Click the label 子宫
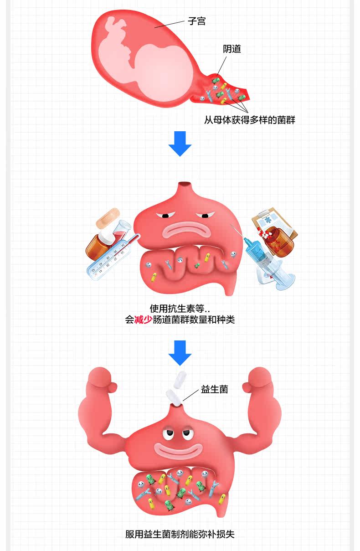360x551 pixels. point(196,21)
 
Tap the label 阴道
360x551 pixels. point(232,49)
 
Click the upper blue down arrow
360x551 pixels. point(180,143)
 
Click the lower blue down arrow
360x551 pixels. point(180,352)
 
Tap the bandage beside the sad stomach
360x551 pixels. point(108,219)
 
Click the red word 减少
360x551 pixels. point(143,319)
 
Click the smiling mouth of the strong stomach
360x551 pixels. point(177,450)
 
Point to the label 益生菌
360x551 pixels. point(214,390)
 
